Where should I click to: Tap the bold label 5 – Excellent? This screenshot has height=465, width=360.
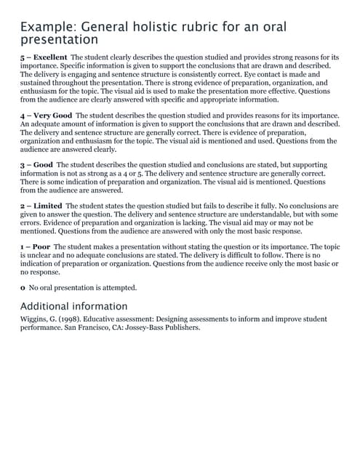point(44,57)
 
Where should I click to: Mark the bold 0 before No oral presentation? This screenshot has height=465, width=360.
point(23,288)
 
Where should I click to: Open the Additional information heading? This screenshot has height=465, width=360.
point(73,306)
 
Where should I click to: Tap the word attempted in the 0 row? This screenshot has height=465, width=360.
point(116,288)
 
